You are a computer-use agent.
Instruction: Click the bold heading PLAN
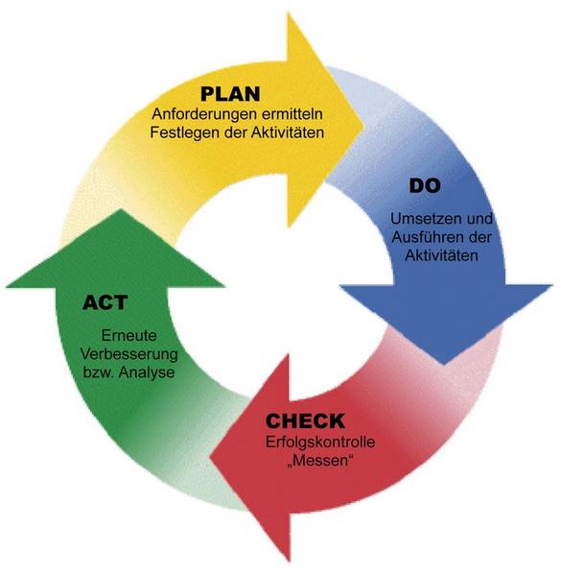(x=230, y=94)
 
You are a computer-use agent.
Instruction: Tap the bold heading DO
(x=425, y=185)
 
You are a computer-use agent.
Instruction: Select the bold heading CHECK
(x=305, y=420)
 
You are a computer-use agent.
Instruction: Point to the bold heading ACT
(x=105, y=302)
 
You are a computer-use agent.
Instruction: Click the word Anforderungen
(x=204, y=114)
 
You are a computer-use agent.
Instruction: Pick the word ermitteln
(x=292, y=114)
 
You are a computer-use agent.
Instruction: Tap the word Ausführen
(x=424, y=237)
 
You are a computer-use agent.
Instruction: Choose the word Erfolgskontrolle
(x=320, y=442)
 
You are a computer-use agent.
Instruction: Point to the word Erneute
(x=129, y=335)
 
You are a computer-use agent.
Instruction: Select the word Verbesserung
(x=129, y=354)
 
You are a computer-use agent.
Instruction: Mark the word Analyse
(x=147, y=372)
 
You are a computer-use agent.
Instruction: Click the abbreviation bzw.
(x=99, y=372)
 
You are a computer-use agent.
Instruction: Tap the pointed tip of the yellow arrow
(x=363, y=124)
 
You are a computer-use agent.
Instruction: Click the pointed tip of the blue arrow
(x=444, y=364)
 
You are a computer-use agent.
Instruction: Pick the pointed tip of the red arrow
(x=210, y=458)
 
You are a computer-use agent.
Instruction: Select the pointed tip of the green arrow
(x=120, y=209)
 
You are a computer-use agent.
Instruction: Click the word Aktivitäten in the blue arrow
(x=442, y=255)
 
